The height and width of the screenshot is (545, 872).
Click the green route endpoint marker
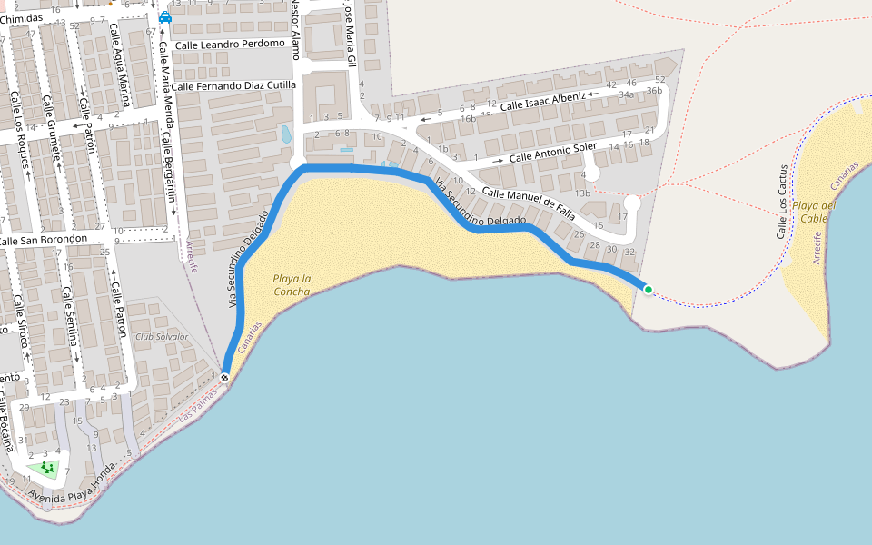pyautogui.click(x=648, y=290)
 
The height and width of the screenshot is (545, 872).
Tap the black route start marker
pyautogui.click(x=224, y=377)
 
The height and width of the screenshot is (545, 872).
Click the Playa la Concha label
pyautogui.click(x=292, y=285)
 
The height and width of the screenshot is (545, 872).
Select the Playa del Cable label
pyautogui.click(x=813, y=212)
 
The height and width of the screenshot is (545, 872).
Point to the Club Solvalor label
pyautogui.click(x=162, y=337)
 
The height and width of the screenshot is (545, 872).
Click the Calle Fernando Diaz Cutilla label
pyautogui.click(x=234, y=85)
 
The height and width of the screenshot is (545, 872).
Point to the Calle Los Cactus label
pyautogui.click(x=782, y=202)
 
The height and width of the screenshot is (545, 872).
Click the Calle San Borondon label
pyautogui.click(x=44, y=240)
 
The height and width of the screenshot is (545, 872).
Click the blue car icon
pyautogui.click(x=164, y=17)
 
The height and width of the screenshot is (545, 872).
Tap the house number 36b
pyautogui.click(x=652, y=90)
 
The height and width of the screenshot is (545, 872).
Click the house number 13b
pyautogui.click(x=582, y=193)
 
